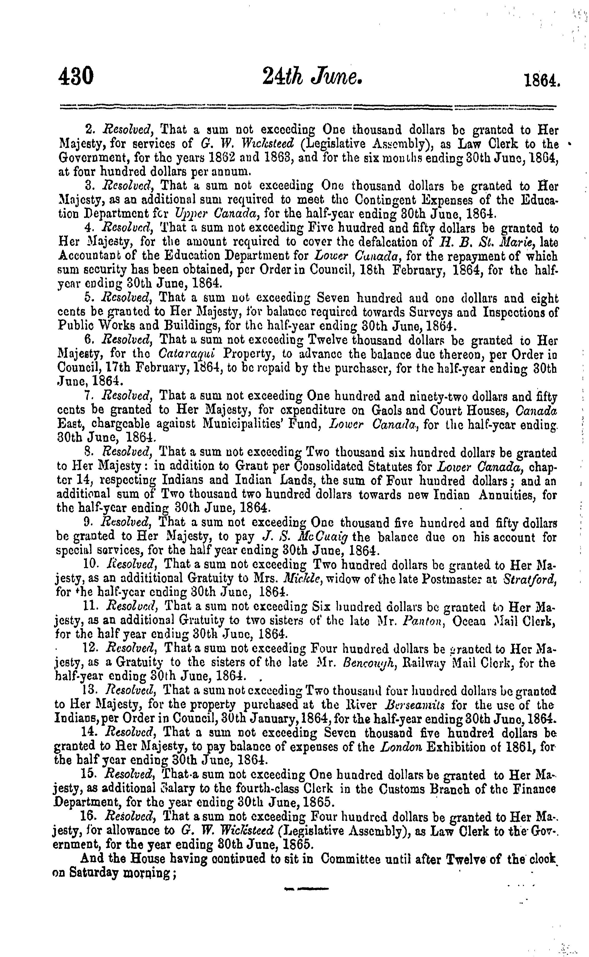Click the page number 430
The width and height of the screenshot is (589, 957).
coord(76,76)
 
